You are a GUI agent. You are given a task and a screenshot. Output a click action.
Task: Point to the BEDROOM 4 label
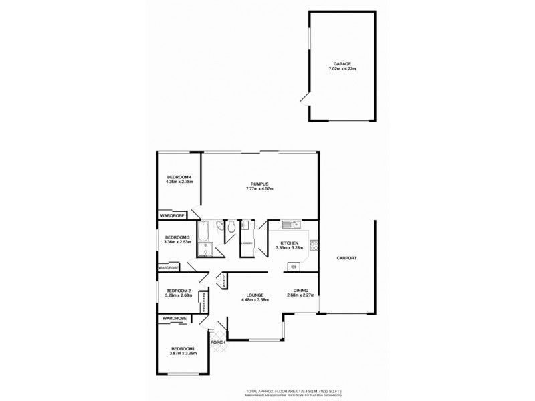pyautogui.click(x=179, y=176)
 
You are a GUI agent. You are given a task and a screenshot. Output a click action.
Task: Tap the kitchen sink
pyautogui.click(x=289, y=224)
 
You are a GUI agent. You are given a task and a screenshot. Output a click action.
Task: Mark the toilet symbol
pyautogui.click(x=230, y=228)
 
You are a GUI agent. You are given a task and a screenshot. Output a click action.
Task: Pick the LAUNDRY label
pyautogui.click(x=247, y=243)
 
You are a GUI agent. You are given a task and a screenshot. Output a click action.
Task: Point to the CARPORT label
pyautogui.click(x=346, y=258)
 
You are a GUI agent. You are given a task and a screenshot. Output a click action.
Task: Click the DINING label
pyautogui.click(x=300, y=291)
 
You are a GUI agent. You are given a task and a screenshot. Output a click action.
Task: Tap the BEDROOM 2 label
pyautogui.click(x=179, y=291)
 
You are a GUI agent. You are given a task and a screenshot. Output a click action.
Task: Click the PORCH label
pyautogui.click(x=218, y=343)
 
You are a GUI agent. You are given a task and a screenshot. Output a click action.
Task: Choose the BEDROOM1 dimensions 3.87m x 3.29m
pyautogui.click(x=182, y=354)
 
